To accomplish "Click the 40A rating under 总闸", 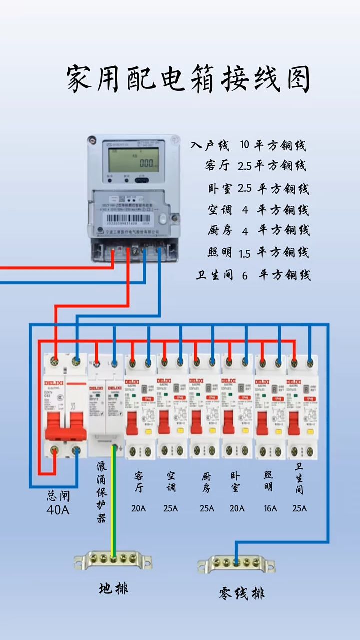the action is (58, 510).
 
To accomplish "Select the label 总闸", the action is (58, 496).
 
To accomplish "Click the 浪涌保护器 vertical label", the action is (102, 492).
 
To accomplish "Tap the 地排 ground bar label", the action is (113, 588).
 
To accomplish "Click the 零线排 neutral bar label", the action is (241, 593).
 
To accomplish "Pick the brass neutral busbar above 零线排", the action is (236, 564).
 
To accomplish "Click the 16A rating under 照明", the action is (270, 509).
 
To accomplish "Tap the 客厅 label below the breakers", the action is (139, 481).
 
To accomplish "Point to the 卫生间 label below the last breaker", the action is (299, 478).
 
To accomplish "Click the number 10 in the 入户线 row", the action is (244, 146).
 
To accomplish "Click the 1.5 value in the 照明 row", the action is (244, 254).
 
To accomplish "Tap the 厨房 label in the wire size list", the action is (220, 231).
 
